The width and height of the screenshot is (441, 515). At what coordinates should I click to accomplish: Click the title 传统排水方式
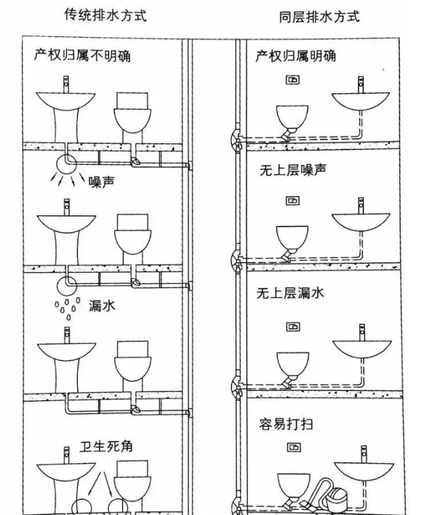click(x=106, y=15)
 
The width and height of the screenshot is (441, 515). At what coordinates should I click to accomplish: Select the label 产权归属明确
click(x=295, y=56)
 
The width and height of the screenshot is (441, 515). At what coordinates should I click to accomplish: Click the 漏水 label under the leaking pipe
click(x=102, y=305)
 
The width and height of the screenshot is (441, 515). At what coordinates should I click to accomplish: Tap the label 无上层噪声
click(x=292, y=171)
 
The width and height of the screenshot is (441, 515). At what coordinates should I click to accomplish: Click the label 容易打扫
click(x=286, y=424)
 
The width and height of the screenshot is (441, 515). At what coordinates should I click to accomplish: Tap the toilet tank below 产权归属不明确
click(x=133, y=100)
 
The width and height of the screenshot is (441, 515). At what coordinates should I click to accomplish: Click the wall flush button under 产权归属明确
click(x=292, y=81)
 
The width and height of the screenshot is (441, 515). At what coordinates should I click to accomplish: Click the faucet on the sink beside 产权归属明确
click(x=361, y=83)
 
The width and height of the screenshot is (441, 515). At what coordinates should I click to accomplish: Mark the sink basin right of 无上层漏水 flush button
click(x=361, y=348)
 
